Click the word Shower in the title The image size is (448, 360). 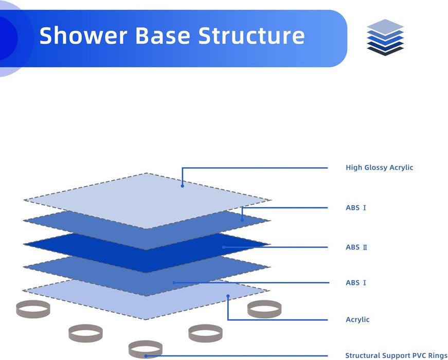[82, 35]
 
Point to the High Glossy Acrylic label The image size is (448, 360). [379, 168]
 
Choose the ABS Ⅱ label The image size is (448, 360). [356, 247]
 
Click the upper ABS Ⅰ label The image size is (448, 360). [356, 208]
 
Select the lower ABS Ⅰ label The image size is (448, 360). [356, 283]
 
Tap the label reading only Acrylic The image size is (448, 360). [357, 319]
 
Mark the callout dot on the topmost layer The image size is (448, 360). [182, 185]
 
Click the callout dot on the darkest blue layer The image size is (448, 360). [223, 247]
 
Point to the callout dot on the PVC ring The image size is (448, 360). [146, 355]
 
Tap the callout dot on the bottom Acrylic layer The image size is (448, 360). [228, 296]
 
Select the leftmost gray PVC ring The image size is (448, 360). [33, 309]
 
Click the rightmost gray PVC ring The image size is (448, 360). [264, 309]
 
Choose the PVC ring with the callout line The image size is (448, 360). [146, 350]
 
